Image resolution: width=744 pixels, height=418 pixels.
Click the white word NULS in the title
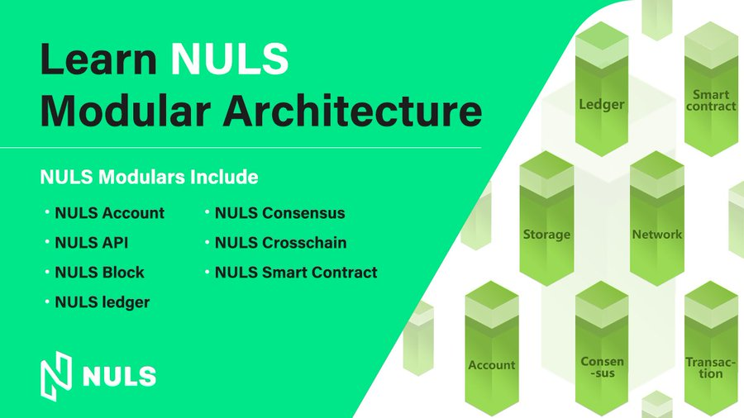229,59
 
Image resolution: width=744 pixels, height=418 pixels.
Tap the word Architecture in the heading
352,111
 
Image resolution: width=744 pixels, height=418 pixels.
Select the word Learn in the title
98,59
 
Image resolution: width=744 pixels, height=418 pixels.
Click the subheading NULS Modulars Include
149,177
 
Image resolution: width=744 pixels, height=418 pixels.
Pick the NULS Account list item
110,213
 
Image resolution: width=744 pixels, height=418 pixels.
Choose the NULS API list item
92,243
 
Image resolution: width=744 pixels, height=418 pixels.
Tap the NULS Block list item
100,273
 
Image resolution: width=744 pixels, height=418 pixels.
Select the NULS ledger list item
102,302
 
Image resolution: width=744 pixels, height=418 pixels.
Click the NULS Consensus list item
280,213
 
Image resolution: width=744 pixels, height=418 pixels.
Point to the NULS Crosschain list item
281,243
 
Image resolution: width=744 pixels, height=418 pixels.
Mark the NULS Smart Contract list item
296,273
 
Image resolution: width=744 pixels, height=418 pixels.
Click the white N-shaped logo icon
56,377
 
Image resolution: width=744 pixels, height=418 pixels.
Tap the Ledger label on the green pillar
602,104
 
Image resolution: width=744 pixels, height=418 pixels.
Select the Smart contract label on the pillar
711,101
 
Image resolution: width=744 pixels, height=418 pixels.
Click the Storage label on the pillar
546,235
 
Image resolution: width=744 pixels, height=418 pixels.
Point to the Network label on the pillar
656,234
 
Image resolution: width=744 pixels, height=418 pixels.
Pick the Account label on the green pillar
492,365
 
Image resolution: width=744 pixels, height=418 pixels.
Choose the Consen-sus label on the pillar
602,368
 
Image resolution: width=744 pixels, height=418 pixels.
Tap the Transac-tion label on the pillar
710,368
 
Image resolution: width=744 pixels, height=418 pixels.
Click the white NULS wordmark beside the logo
119,377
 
